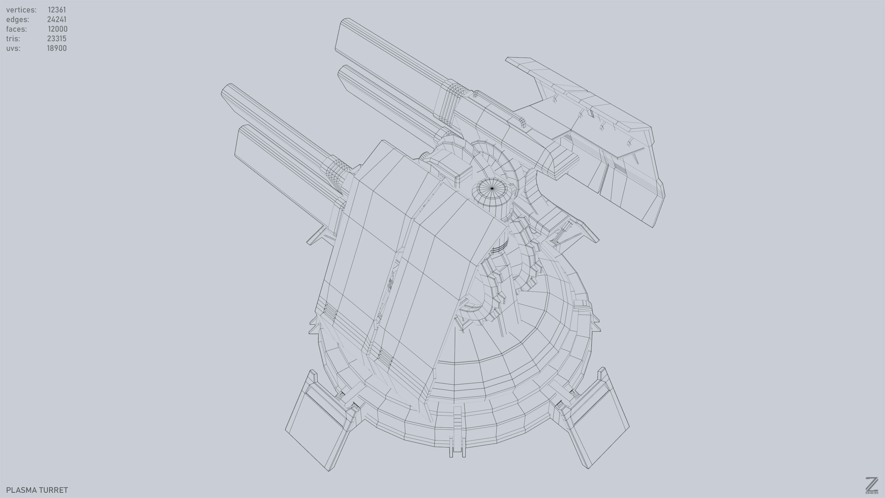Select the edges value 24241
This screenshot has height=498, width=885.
click(57, 20)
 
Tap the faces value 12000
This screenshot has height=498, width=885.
click(57, 29)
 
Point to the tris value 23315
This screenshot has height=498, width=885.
click(57, 39)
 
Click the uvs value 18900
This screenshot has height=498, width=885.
click(57, 49)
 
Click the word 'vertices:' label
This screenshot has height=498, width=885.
click(21, 10)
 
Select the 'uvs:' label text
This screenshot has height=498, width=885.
click(13, 49)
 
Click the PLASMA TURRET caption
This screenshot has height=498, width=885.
click(37, 490)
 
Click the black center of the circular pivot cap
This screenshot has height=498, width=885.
click(492, 188)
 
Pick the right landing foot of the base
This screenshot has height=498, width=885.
click(598, 426)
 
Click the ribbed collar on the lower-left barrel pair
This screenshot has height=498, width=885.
click(337, 172)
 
